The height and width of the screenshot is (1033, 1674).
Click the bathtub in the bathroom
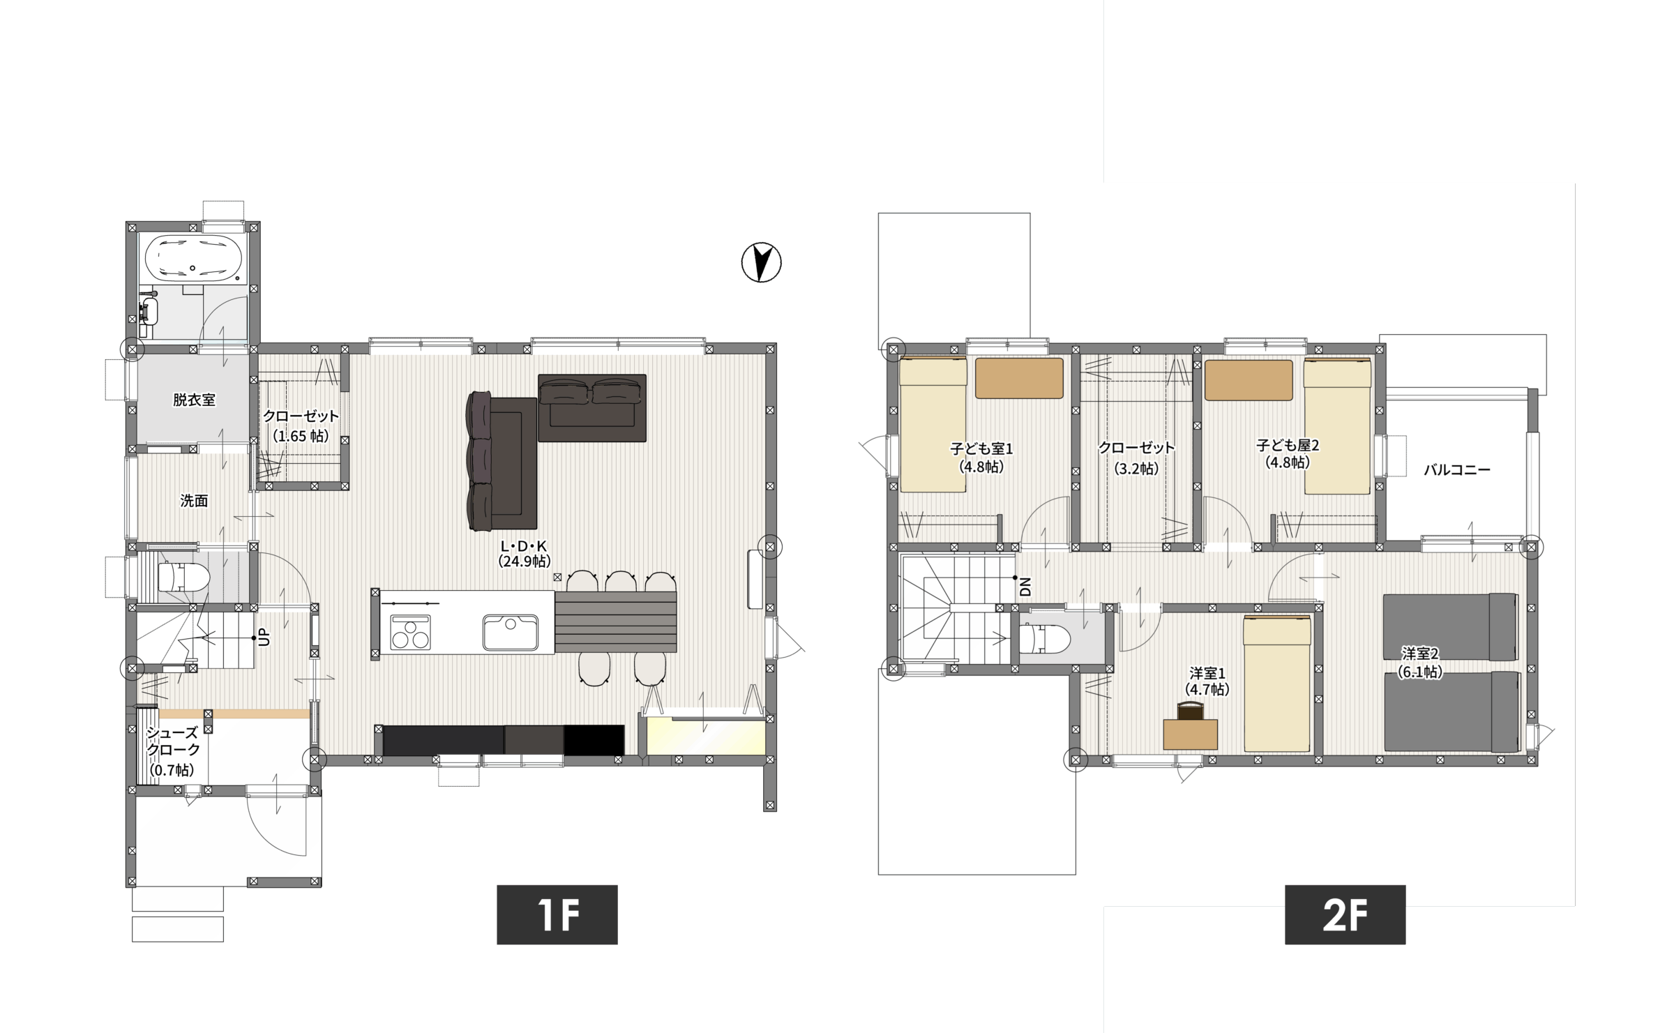point(193,258)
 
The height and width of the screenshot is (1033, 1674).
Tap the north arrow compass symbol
point(761,262)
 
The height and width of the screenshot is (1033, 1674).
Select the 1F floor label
point(557,914)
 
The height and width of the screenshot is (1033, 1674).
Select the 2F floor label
point(1345,914)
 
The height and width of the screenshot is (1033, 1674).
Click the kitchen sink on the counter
point(510,632)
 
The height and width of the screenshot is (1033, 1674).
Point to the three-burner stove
point(410,632)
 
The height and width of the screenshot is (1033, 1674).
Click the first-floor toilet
point(184,578)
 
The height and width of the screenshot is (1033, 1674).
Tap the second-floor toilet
point(1044,638)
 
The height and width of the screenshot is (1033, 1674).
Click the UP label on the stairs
point(264,637)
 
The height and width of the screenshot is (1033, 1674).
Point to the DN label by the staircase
point(1025,587)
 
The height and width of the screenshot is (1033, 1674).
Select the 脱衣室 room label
point(194,400)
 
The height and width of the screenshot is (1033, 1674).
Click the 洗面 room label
point(194,500)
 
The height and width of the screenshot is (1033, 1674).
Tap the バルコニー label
point(1456,469)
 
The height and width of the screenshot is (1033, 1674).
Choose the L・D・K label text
point(524,546)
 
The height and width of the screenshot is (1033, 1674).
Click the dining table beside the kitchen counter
point(616,621)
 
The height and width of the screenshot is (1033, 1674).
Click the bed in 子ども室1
point(933,425)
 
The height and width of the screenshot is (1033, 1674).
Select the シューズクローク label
point(174,741)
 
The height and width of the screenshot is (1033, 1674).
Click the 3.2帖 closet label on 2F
point(1136,469)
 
